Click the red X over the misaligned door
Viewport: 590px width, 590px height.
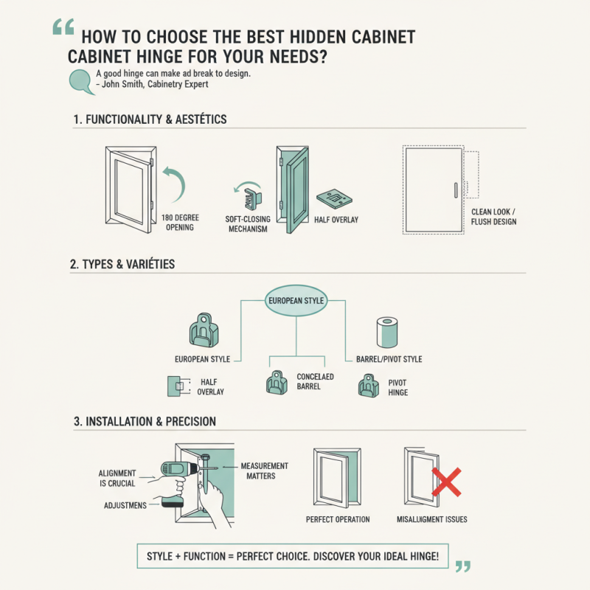click(445, 483)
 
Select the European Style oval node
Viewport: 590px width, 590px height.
click(295, 301)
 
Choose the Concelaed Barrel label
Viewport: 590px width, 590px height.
click(315, 381)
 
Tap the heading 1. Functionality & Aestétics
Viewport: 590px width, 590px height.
click(150, 119)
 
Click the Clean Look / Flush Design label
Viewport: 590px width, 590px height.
click(493, 217)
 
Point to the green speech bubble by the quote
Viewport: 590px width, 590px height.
click(79, 80)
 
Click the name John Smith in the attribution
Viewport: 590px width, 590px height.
click(128, 85)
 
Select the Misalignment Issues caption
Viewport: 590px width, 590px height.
click(431, 520)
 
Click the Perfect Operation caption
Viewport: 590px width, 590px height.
click(338, 520)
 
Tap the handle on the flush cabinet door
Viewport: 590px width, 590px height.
click(457, 189)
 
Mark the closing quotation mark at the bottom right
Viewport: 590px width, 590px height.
click(462, 566)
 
